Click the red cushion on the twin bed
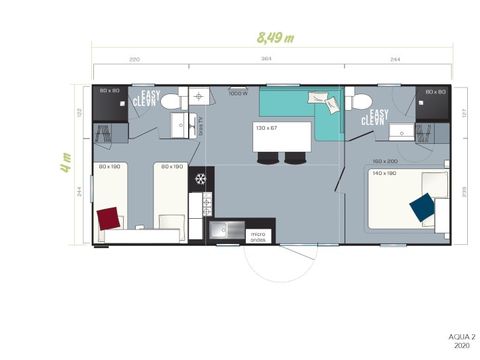(x=108, y=217)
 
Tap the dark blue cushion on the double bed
(x=422, y=207)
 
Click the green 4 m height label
(x=66, y=162)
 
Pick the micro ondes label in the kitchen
(x=257, y=237)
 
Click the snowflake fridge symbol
(x=201, y=179)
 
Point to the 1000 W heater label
(x=237, y=95)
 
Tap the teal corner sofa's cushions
(x=322, y=101)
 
